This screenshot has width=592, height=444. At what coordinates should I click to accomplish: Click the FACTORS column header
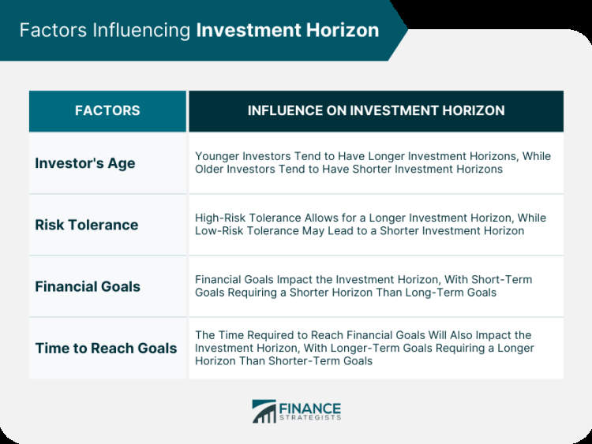coord(107,110)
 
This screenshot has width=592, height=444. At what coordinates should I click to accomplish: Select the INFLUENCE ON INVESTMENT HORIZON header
coord(376,110)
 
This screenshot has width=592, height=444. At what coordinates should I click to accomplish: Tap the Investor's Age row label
coord(85,164)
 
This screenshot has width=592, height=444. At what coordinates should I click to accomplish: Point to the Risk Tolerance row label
coord(87,225)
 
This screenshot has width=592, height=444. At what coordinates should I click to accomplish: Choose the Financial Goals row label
coord(88,287)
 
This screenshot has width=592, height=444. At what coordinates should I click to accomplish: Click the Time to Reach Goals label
coord(106,349)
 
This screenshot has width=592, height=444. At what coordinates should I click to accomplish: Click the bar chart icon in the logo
coord(264,412)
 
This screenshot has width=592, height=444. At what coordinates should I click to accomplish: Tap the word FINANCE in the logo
coord(310,409)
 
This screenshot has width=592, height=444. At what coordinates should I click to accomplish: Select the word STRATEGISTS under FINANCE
coord(310,418)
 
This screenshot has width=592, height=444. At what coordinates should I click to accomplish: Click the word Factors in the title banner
coord(53,30)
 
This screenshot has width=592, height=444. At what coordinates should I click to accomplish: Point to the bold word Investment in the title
coord(249,30)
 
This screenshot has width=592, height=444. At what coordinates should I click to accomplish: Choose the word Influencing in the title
coord(141,31)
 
